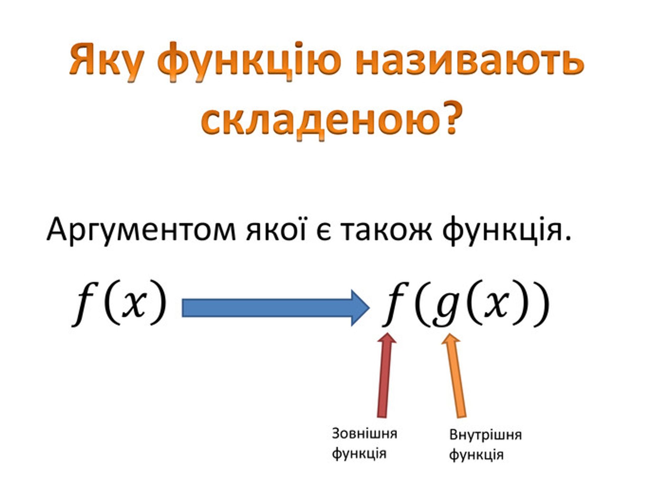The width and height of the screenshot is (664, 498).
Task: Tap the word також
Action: [x=386, y=231]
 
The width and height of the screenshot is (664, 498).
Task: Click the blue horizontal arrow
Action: [x=276, y=308]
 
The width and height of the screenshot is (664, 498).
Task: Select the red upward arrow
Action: [x=385, y=375]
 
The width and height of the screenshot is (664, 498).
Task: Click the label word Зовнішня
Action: [x=364, y=434]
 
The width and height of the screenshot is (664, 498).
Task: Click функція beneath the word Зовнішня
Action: [x=359, y=454]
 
